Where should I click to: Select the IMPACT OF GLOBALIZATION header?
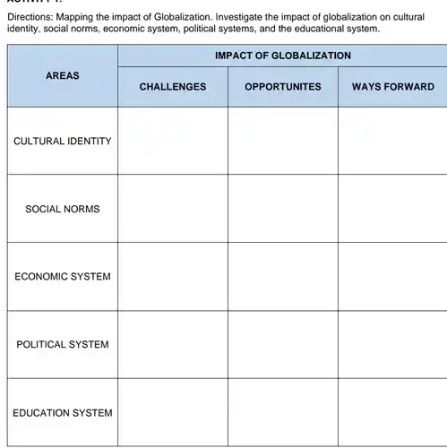[282, 56]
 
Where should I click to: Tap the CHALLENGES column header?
[173, 87]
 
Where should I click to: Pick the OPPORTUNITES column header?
[282, 87]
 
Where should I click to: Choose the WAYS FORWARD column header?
[392, 87]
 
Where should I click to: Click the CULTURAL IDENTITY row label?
[63, 141]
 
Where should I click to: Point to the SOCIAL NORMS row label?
[63, 209]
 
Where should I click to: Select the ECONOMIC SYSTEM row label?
[63, 276]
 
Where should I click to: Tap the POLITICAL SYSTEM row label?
[63, 344]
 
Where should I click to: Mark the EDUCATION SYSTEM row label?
[63, 412]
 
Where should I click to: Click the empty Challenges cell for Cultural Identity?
[173, 141]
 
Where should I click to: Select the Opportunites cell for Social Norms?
[282, 209]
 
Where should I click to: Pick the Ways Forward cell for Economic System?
[392, 276]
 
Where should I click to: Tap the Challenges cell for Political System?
[173, 344]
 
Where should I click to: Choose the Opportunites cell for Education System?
[282, 412]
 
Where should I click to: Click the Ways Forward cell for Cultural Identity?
[392, 141]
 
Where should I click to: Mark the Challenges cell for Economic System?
[173, 276]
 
